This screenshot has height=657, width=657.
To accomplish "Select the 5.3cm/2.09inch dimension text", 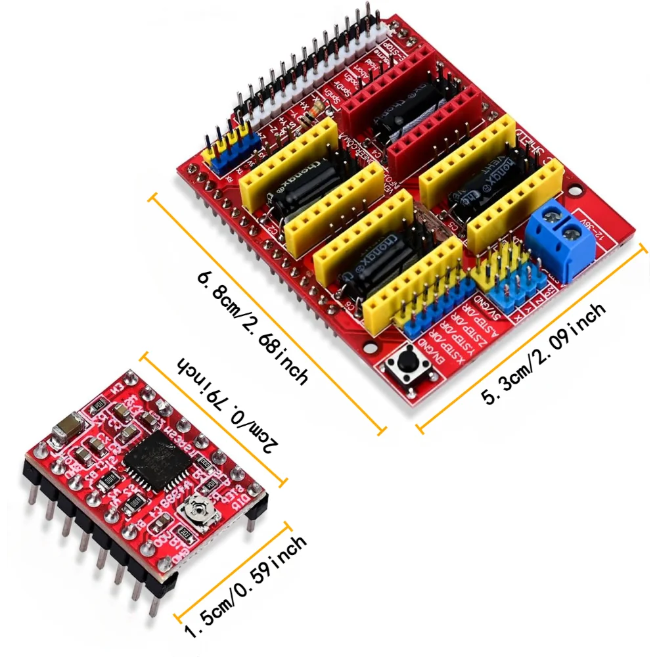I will tap(543, 353).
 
